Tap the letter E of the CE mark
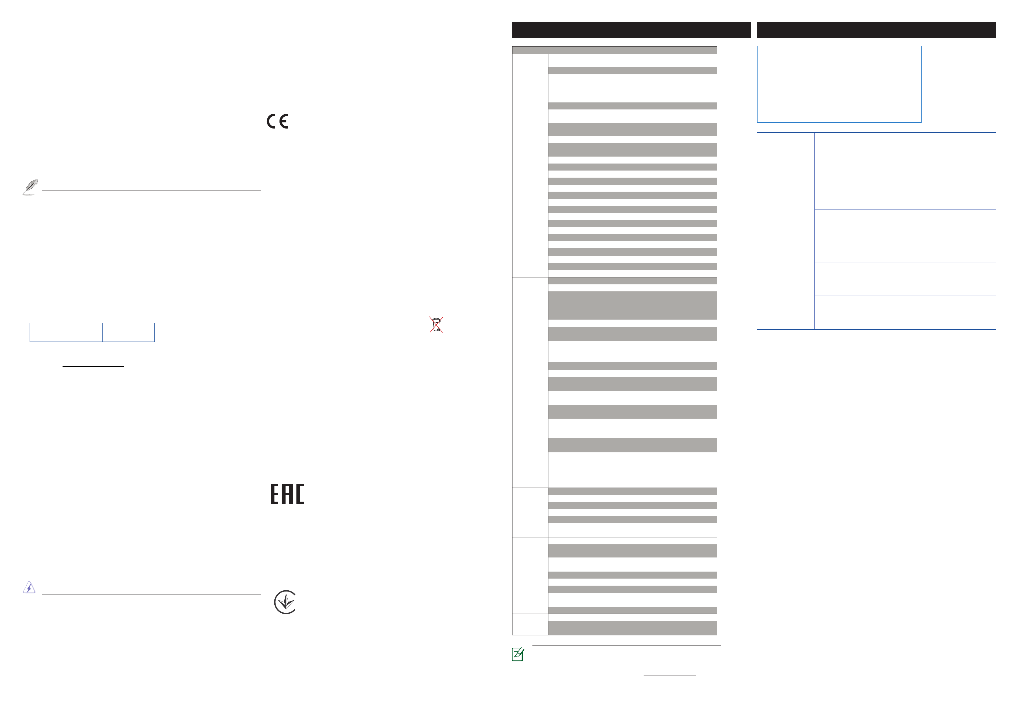[284, 121]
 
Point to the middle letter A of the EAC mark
[287, 494]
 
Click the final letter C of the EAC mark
[300, 494]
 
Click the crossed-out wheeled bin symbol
[436, 324]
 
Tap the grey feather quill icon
[30, 187]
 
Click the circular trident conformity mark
[285, 602]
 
